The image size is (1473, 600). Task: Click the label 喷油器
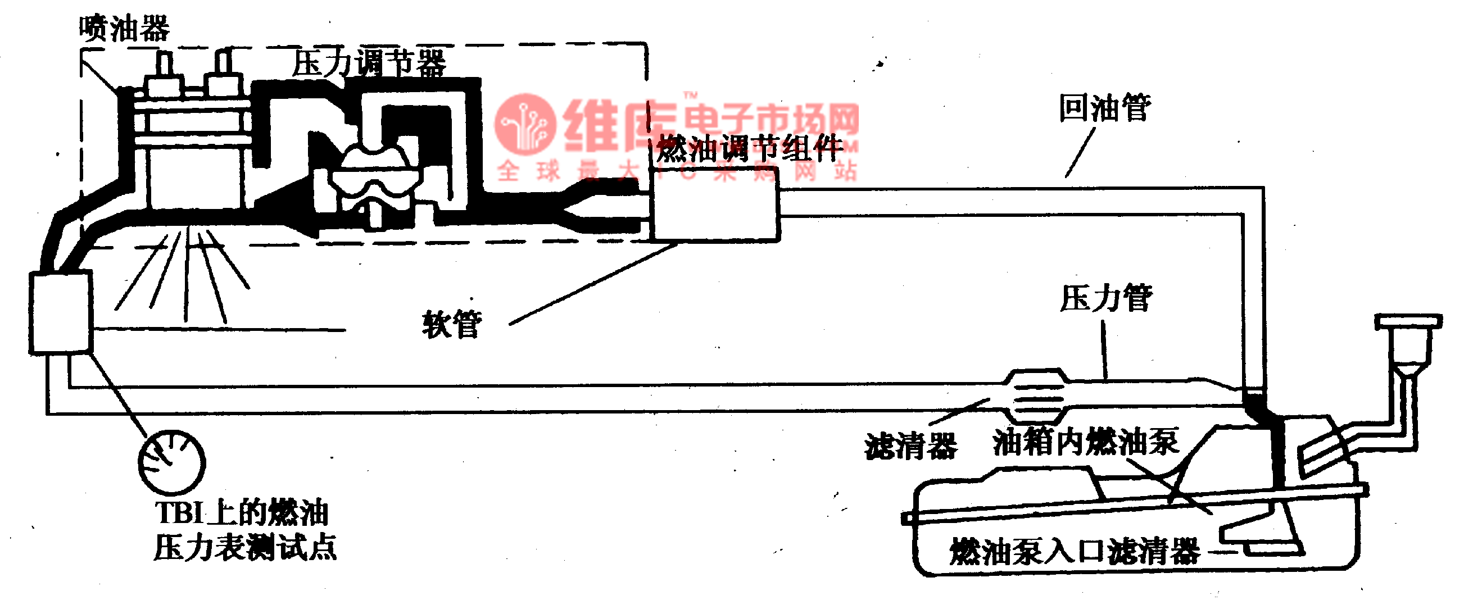pos(124,29)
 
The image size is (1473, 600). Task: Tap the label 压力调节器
pos(369,63)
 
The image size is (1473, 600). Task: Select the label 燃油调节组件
pos(749,148)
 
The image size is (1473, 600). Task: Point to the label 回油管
pos(1105,108)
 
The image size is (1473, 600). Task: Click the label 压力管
pos(1106,298)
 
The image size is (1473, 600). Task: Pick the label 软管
pos(452,325)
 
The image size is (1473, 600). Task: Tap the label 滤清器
pos(910,446)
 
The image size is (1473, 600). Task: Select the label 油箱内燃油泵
pos(1085,442)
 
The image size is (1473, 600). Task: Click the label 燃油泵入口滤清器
pos(1075,552)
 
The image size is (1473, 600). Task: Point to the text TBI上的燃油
pos(242,512)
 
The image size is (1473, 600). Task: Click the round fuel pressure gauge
pos(171,462)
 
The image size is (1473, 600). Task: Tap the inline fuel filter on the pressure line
pos(1037,394)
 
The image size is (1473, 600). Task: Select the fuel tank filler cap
pos(1407,321)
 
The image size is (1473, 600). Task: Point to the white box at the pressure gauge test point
pos(61,311)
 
